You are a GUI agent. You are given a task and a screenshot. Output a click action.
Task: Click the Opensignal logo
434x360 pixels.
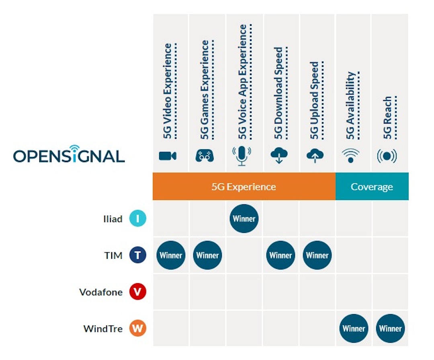click(69, 155)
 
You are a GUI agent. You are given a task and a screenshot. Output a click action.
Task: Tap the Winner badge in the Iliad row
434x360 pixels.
click(244, 219)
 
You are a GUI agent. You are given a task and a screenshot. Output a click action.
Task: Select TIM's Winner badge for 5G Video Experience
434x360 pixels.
click(171, 255)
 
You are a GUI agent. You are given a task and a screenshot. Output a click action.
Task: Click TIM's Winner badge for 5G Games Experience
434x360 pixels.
click(207, 255)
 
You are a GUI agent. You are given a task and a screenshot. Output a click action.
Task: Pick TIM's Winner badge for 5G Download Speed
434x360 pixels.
click(280, 255)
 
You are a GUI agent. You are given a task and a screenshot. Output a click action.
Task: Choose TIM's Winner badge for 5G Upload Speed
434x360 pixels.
click(317, 255)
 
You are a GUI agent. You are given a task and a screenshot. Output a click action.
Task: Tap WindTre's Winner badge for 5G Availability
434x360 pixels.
click(354, 328)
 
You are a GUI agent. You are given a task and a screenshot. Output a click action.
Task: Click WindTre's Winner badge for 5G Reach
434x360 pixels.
click(390, 328)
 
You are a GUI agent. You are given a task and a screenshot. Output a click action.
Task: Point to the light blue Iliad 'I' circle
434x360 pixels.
click(137, 219)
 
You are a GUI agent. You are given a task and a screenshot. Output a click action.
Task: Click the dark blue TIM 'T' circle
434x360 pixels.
click(137, 255)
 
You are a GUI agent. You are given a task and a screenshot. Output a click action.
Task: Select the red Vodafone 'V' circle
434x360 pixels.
click(137, 292)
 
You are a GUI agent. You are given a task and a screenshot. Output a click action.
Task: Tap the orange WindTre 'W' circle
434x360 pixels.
click(137, 329)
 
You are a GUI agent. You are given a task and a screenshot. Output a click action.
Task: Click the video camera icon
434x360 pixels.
click(168, 156)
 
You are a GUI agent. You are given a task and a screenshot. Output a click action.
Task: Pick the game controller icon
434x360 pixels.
click(205, 156)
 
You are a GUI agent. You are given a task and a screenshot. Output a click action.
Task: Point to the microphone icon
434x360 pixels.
click(242, 156)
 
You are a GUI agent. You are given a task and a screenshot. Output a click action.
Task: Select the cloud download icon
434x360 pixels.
click(279, 156)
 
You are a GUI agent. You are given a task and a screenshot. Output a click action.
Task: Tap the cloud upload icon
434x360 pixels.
click(315, 156)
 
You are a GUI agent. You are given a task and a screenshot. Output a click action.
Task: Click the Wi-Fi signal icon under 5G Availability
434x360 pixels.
click(351, 156)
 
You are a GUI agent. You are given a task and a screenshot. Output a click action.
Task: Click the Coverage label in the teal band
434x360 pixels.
click(372, 187)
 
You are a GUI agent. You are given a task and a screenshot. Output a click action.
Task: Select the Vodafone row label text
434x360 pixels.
click(101, 292)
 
